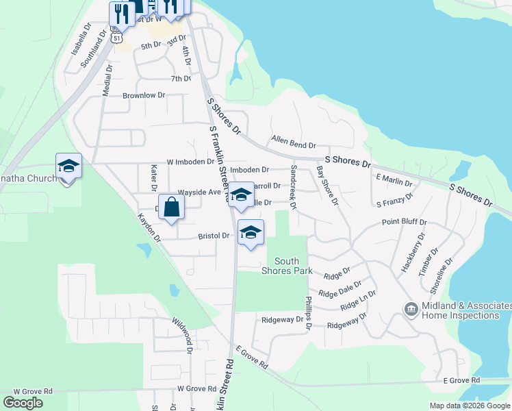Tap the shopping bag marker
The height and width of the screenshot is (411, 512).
(x=172, y=208)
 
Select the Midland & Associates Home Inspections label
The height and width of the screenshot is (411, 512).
(x=461, y=311)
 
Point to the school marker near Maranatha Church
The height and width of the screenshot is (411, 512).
(x=68, y=167)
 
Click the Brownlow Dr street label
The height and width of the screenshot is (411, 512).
(x=144, y=96)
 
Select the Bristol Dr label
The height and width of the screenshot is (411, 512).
(x=214, y=236)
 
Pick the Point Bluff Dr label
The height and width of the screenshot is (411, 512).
(x=404, y=223)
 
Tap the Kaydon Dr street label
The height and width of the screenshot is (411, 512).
(x=149, y=227)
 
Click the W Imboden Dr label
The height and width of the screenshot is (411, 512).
(x=190, y=162)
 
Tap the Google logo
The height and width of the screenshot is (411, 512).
(x=23, y=402)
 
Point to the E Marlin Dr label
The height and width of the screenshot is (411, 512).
(x=394, y=180)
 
